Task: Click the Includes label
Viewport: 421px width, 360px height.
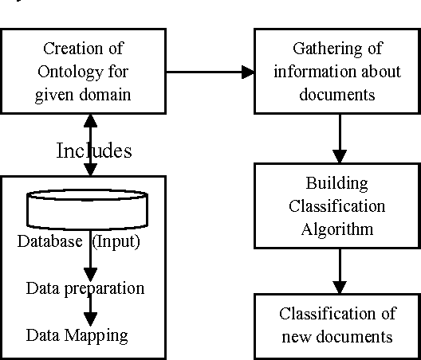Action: coord(94,151)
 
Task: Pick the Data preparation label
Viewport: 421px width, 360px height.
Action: coord(85,288)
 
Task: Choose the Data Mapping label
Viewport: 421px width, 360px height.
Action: coord(77,335)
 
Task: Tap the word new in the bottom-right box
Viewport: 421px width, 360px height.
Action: coord(302,337)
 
